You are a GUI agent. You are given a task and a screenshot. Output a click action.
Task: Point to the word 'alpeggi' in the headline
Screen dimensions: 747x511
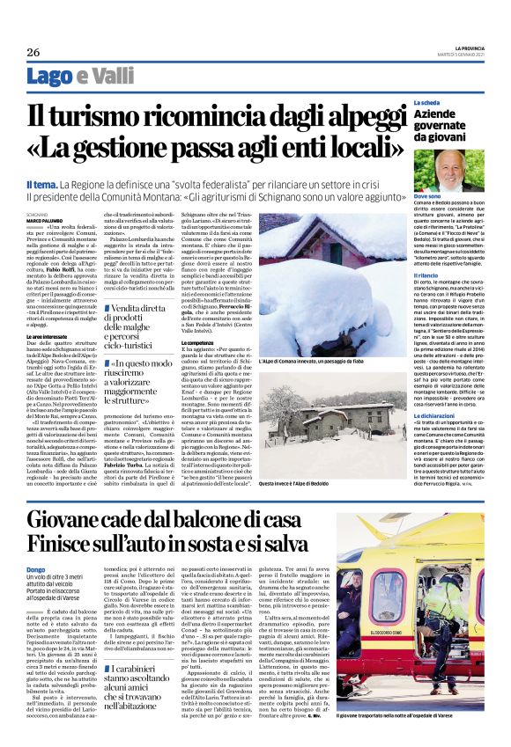[x=359, y=116]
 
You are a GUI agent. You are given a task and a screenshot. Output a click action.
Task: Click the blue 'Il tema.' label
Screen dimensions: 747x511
[x=42, y=183]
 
